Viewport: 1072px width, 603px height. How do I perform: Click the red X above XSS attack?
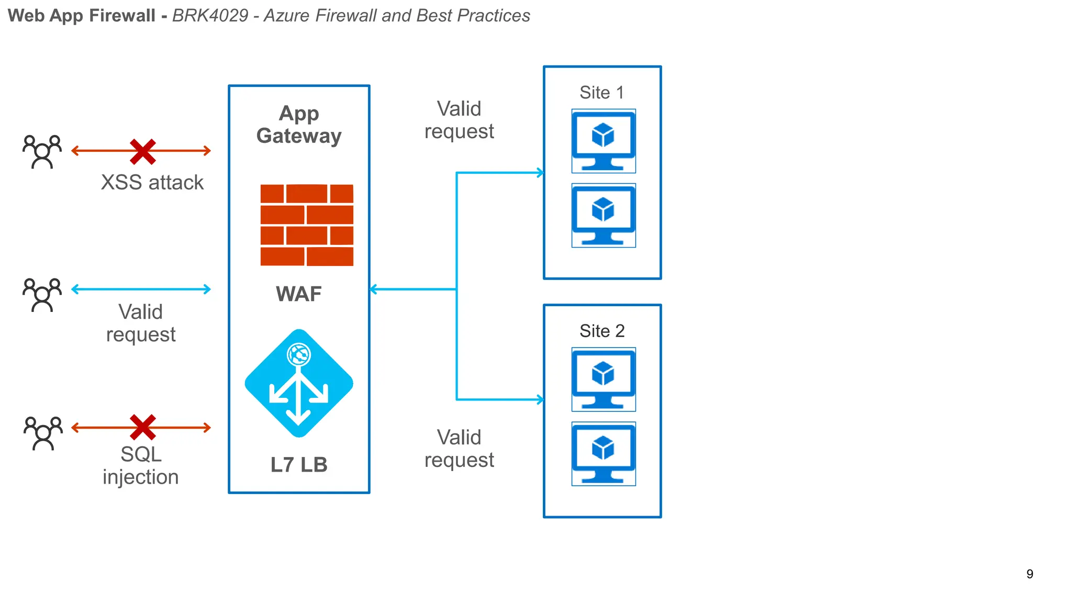pos(143,152)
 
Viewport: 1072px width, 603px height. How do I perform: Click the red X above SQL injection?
pos(143,427)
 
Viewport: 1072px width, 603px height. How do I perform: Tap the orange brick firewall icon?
pos(307,225)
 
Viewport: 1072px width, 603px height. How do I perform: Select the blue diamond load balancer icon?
pos(299,383)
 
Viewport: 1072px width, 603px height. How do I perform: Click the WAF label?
pos(299,294)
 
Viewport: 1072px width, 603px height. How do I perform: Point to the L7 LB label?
pos(299,465)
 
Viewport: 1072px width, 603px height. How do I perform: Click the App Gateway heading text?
pos(299,125)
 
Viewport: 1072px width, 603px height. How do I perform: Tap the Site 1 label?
pos(602,93)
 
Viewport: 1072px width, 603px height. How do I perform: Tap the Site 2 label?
pos(602,331)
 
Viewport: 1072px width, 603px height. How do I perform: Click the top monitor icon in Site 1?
pos(604,141)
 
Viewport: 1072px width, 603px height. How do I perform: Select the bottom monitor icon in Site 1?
pos(604,215)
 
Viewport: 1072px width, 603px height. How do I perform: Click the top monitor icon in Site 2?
pos(604,379)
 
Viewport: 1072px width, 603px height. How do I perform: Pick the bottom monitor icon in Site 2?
pos(604,454)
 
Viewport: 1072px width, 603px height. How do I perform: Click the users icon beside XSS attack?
pos(42,152)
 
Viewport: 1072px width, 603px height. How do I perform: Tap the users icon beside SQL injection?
pos(43,433)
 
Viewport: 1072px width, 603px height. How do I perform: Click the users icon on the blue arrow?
pos(42,295)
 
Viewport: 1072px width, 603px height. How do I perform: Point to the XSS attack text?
pos(152,183)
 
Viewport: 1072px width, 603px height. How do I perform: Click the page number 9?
pos(1030,574)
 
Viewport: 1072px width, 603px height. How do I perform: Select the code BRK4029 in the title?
pos(210,16)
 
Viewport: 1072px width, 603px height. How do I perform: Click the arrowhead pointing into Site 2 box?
pos(541,400)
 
